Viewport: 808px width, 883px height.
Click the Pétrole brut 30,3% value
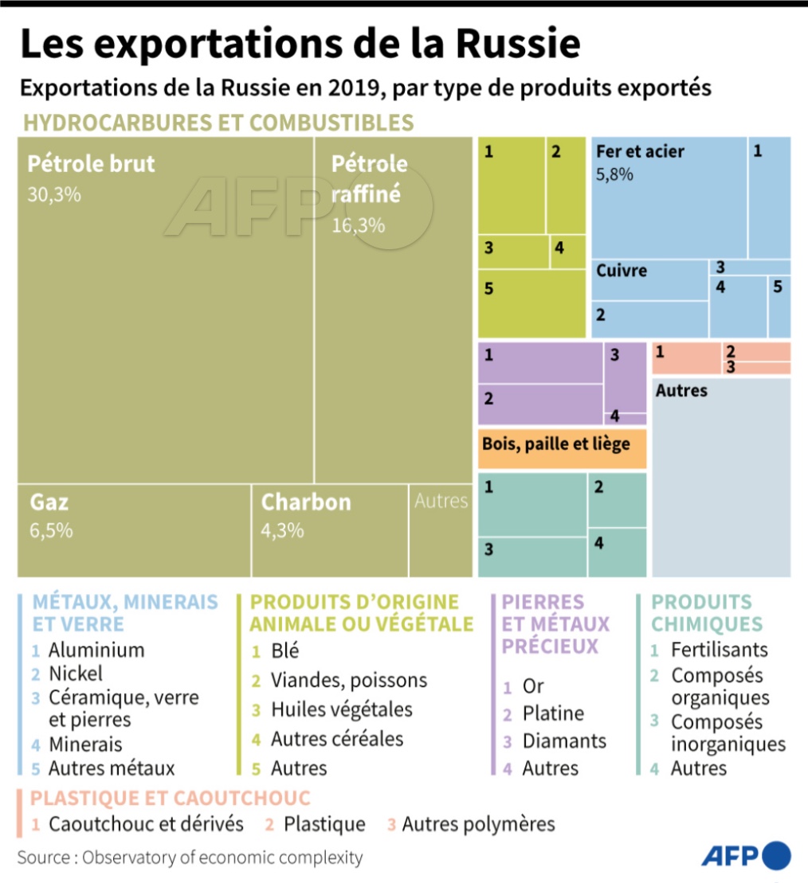tap(54, 195)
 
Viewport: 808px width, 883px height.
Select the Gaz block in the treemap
tap(134, 529)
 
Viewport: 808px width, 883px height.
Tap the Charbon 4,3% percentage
tap(282, 530)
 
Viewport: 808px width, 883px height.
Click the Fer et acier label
tap(640, 151)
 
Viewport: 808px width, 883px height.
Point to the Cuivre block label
tap(622, 271)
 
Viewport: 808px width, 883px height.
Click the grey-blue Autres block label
tap(681, 391)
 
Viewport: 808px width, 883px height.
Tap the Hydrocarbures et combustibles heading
tap(219, 123)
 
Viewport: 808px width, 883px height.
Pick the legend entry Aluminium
tap(96, 650)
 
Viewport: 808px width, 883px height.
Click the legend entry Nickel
tap(76, 674)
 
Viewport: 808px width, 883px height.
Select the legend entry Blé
tap(285, 651)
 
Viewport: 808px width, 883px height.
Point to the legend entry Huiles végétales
tap(342, 709)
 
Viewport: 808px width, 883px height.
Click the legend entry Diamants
tap(564, 740)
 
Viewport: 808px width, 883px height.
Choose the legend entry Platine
tap(553, 713)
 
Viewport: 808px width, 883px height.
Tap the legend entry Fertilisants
tap(719, 650)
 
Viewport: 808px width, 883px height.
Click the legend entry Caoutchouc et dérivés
tap(146, 824)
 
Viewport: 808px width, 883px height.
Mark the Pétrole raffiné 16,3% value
tap(359, 226)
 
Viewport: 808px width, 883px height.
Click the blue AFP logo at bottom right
tap(746, 856)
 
